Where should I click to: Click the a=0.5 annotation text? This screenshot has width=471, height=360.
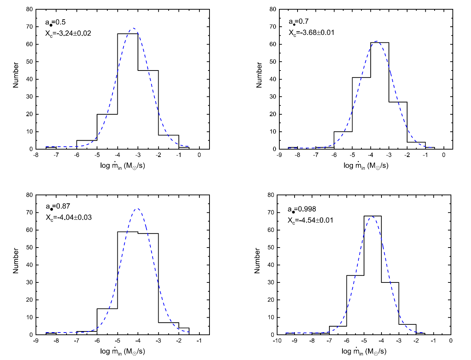coord(55,22)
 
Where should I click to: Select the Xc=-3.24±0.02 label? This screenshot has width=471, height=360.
coord(68,33)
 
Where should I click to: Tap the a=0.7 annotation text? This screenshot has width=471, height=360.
coord(299,22)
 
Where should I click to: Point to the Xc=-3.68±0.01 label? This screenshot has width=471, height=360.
coord(311,33)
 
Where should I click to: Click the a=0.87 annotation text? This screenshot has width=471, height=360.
coord(58,206)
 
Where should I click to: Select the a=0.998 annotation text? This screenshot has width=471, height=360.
coord(302,209)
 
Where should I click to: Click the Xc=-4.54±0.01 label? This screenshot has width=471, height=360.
coord(310,220)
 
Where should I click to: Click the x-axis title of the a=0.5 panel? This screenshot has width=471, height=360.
coord(123,166)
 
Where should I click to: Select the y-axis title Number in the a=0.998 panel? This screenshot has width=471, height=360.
coord(257,261)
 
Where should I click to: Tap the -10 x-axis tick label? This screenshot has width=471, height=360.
coord(277,341)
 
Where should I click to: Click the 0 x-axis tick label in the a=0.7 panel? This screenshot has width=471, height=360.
coord(444,155)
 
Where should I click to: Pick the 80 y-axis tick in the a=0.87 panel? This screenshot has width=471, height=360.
coord(29,195)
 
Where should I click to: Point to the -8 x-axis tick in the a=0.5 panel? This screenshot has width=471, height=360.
coord(35,155)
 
